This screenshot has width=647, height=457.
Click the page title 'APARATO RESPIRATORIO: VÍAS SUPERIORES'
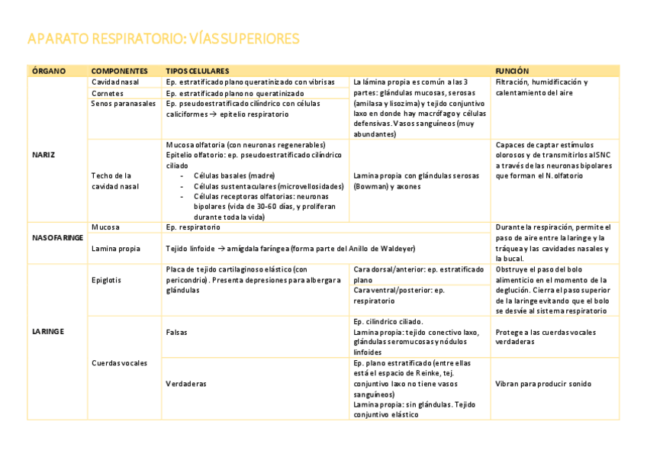[x=163, y=39]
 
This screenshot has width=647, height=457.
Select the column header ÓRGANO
[x=49, y=71]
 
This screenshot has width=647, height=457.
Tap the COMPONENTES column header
[x=119, y=71]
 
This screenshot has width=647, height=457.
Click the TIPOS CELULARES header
[x=198, y=71]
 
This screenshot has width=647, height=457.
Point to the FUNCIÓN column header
[x=512, y=71]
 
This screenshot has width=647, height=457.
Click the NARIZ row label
[x=43, y=155]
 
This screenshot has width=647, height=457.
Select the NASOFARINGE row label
[x=58, y=238]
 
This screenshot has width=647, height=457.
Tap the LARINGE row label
[x=47, y=332]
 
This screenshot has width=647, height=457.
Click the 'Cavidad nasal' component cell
[x=115, y=82]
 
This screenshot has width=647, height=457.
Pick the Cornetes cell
[x=108, y=93]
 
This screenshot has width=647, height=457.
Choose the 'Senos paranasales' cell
[x=123, y=104]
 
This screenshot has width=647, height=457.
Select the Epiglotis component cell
[x=106, y=280]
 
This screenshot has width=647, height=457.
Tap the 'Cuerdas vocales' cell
[x=120, y=363]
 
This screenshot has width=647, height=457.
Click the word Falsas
[x=177, y=333]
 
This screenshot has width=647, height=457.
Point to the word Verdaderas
[x=186, y=384]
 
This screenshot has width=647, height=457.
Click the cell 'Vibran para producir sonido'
[x=543, y=384]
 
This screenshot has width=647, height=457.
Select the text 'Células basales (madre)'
[x=234, y=175]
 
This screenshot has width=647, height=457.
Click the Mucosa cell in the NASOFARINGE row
[x=105, y=227]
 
